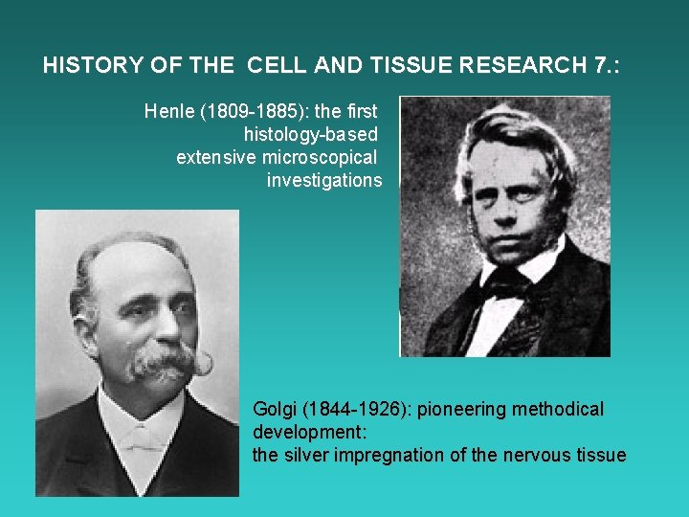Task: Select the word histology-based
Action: click(311, 134)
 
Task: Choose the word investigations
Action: click(324, 180)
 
